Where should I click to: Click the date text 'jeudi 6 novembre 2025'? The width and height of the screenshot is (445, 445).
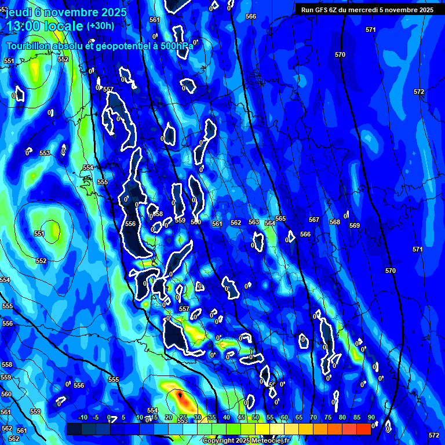pyautogui.click(x=61, y=12)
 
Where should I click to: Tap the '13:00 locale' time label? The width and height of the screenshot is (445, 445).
pyautogui.click(x=45, y=27)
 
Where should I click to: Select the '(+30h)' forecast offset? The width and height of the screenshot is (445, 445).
pyautogui.click(x=100, y=25)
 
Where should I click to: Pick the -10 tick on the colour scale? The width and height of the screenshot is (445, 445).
pyautogui.click(x=82, y=418)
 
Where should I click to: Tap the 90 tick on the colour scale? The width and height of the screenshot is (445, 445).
pyautogui.click(x=371, y=418)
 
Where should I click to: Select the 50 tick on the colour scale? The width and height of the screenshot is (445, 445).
pyautogui.click(x=256, y=418)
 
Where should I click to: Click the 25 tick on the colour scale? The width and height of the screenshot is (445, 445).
pyautogui.click(x=183, y=418)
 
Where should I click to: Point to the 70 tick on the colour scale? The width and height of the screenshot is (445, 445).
pyautogui.click(x=313, y=418)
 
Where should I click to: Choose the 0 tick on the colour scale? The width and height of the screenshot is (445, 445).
pyautogui.click(x=109, y=418)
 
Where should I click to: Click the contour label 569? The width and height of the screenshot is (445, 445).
pyautogui.click(x=355, y=225)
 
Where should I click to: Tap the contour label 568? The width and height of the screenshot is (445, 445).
pyautogui.click(x=335, y=222)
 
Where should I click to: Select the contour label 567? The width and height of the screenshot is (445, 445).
pyautogui.click(x=314, y=220)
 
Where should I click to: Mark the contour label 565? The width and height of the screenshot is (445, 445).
pyautogui.click(x=280, y=218)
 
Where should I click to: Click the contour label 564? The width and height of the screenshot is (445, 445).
pyautogui.click(x=270, y=223)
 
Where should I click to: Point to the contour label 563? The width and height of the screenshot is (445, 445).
pyautogui.click(x=254, y=222)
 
